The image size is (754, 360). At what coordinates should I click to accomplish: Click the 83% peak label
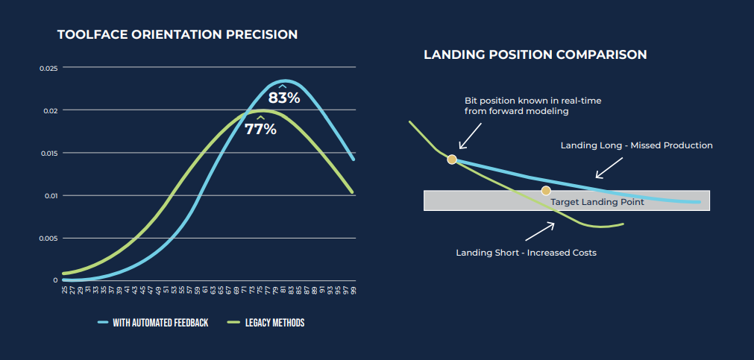click(x=284, y=98)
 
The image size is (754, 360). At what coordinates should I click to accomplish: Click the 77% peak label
click(x=260, y=129)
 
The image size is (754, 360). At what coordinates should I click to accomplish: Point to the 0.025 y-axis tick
click(x=48, y=68)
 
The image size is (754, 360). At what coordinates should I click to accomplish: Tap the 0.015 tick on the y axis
click(x=48, y=153)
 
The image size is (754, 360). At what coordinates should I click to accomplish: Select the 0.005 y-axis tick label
click(x=48, y=239)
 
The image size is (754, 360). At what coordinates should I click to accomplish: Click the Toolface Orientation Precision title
click(x=177, y=34)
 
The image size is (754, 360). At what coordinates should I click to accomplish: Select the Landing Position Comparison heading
click(x=535, y=54)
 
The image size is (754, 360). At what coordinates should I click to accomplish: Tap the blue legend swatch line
click(x=104, y=323)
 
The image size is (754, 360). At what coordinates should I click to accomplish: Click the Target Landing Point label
click(x=597, y=202)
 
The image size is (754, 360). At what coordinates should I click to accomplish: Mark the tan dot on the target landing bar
click(x=546, y=191)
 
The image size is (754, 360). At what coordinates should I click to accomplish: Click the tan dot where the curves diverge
click(x=451, y=159)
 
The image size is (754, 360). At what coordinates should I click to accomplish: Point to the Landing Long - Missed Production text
click(x=636, y=145)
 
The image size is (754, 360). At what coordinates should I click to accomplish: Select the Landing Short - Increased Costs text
click(x=526, y=253)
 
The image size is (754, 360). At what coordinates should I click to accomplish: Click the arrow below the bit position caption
click(x=470, y=136)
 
